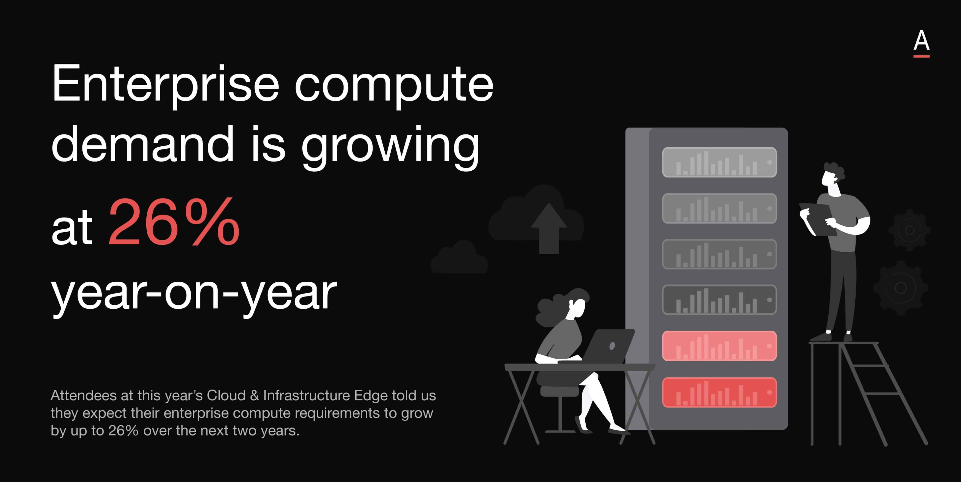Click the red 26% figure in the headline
point(174,222)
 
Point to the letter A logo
point(921,43)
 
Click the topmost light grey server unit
point(719,162)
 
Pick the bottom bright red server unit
point(719,393)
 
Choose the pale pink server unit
point(719,346)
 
